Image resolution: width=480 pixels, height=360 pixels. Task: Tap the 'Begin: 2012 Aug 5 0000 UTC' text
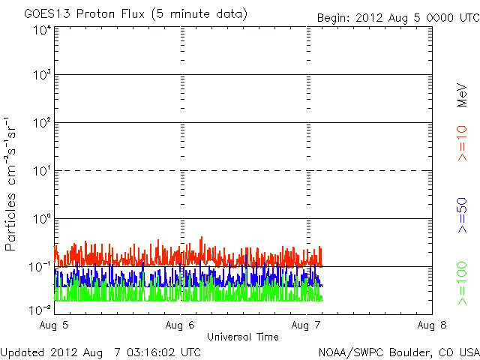coord(397,16)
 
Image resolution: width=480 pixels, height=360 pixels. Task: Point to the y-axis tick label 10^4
coord(42,31)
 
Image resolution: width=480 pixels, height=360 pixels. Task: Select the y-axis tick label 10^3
coord(42,76)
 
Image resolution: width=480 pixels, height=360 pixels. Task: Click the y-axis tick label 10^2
coord(42,124)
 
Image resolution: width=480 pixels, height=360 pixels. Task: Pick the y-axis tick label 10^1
coord(42,172)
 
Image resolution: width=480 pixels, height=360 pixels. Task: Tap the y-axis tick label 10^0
coord(42,220)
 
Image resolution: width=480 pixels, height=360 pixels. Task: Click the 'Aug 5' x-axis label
coord(55,325)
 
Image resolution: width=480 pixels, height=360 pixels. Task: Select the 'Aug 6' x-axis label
coord(181,325)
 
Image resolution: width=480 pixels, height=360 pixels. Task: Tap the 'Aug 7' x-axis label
coord(306,325)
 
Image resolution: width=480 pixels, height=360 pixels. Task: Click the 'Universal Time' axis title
coord(242,337)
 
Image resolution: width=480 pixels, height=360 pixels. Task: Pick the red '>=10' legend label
coord(462,142)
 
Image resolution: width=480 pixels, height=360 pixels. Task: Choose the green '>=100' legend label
coord(462,283)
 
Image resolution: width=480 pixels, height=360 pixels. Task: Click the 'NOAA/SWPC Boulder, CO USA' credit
coord(398,351)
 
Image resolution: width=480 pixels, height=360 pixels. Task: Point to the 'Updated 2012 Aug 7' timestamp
coord(100,351)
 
